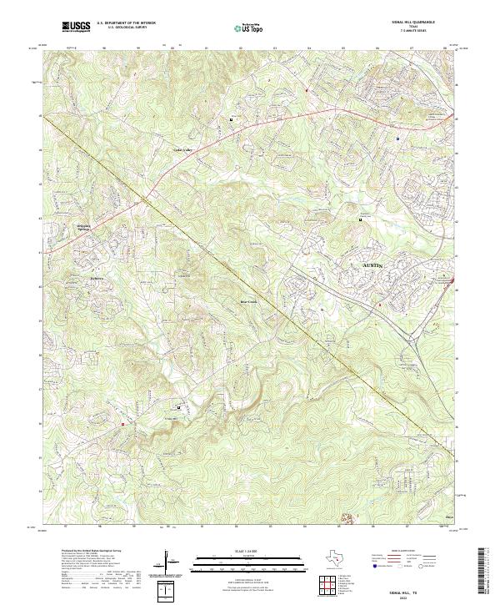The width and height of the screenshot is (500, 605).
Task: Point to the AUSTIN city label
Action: [x=374, y=265]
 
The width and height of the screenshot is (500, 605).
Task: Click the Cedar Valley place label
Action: [x=182, y=150]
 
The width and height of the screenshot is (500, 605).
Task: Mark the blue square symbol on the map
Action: [x=397, y=138]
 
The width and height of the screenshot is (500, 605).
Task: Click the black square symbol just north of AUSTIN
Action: [x=360, y=219]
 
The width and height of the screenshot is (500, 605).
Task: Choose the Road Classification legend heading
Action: [x=406, y=552]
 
